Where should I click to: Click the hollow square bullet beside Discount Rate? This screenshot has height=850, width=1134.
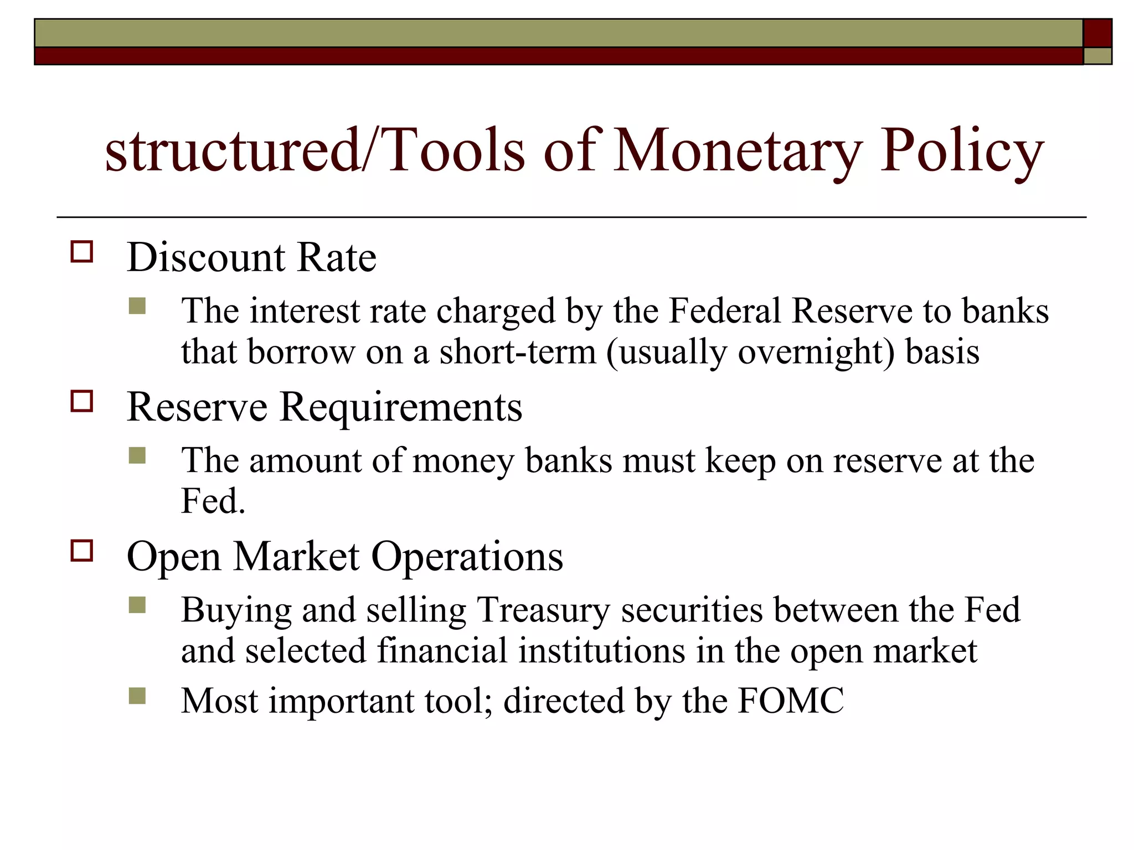82,252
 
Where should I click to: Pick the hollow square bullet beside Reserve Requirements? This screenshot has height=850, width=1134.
82,401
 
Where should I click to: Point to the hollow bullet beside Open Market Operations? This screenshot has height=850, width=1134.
82,551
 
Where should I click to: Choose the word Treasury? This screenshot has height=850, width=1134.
543,610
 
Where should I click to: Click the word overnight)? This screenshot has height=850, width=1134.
816,352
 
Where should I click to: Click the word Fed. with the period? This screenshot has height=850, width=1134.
213,501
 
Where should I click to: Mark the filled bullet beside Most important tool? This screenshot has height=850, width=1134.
137,696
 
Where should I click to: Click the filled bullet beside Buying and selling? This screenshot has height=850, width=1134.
137,605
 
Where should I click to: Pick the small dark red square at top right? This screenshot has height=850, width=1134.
1097,33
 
